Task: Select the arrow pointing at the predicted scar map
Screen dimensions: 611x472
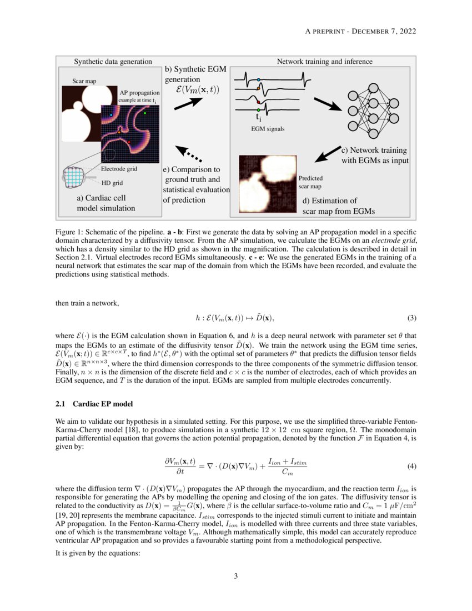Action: [327, 154]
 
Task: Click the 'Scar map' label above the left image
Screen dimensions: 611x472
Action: [84, 81]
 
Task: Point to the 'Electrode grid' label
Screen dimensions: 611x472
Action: [119, 169]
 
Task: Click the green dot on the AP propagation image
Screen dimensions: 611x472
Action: [145, 113]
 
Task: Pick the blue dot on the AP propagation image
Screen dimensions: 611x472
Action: [111, 114]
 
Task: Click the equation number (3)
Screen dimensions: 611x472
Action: [411, 318]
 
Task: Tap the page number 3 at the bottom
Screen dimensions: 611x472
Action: [236, 577]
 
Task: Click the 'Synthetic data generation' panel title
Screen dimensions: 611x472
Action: [113, 61]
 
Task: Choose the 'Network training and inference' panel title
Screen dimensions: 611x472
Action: [325, 61]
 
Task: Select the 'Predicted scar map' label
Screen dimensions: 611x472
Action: [314, 182]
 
